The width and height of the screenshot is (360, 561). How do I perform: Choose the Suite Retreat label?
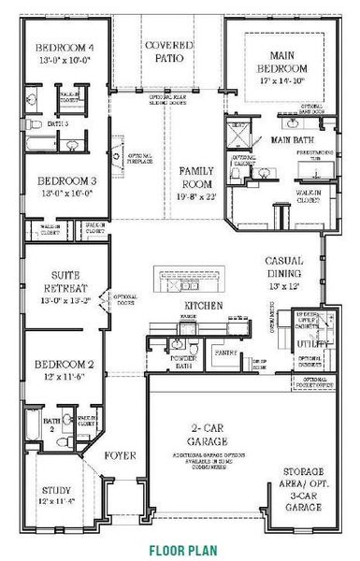[62, 280]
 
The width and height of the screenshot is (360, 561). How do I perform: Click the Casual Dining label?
[287, 266]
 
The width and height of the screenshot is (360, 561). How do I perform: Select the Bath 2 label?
[27, 424]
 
